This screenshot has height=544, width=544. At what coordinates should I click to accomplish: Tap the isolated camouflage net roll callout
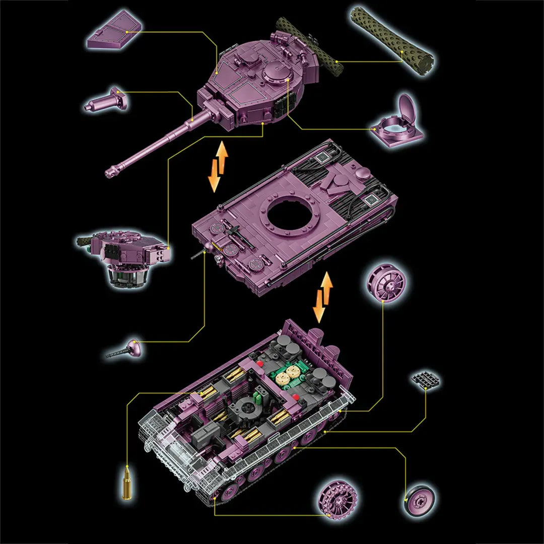point(392,40)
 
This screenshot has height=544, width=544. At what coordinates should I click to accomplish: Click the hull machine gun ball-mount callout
point(126,349)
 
